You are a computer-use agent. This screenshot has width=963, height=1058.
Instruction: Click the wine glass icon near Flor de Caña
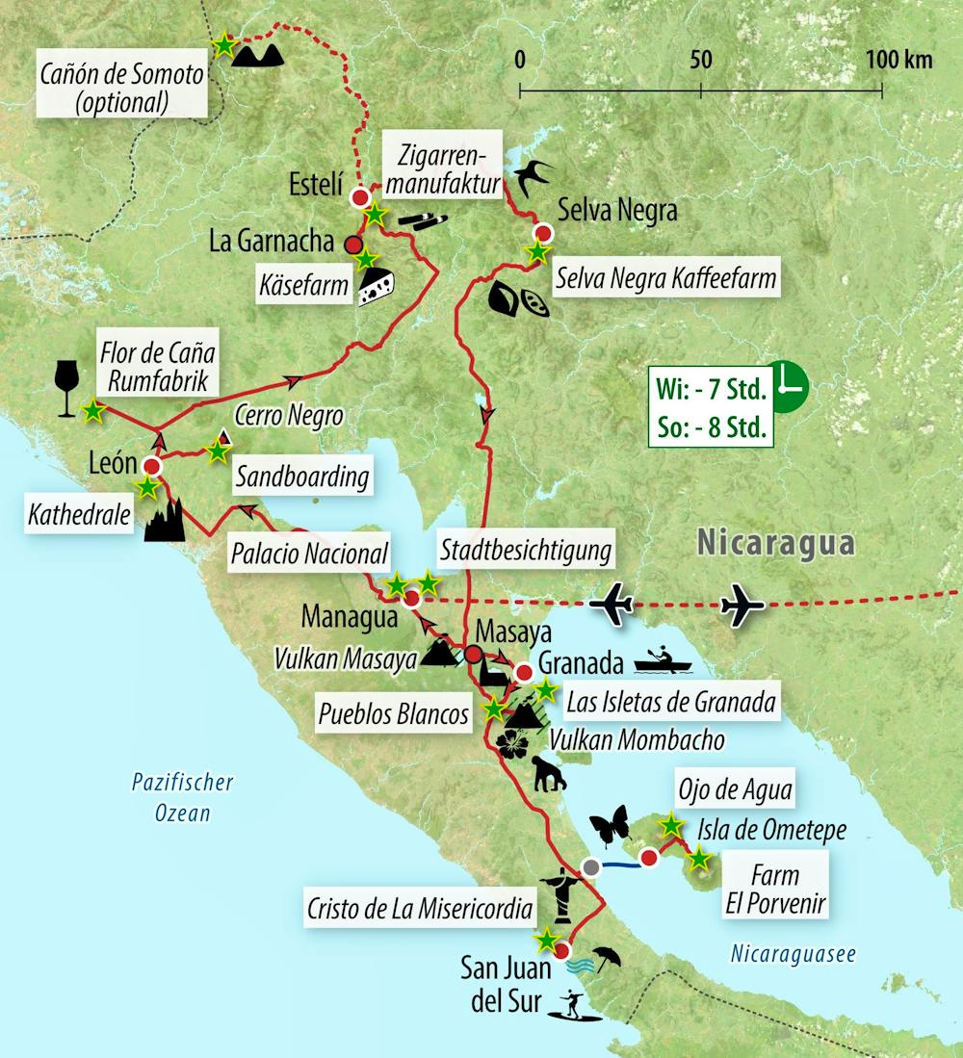[66, 390]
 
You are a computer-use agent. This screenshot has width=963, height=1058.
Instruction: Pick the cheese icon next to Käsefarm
[377, 286]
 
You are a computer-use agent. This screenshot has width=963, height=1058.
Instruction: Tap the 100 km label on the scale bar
[898, 61]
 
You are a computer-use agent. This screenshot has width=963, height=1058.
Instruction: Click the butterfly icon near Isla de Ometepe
[608, 825]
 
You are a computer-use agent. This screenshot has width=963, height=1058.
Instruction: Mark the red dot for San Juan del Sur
[563, 946]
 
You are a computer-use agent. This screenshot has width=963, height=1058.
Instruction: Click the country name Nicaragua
[776, 544]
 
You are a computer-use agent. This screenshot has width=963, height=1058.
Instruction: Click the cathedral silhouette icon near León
[164, 521]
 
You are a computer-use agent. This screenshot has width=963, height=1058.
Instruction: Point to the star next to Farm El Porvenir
[699, 858]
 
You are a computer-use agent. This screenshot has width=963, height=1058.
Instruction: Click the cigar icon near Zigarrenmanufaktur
[422, 220]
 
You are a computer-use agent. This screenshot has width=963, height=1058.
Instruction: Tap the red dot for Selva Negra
[543, 233]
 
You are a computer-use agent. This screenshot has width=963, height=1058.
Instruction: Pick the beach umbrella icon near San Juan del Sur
[607, 958]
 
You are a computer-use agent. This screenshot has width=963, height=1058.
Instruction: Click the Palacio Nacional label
[309, 553]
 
